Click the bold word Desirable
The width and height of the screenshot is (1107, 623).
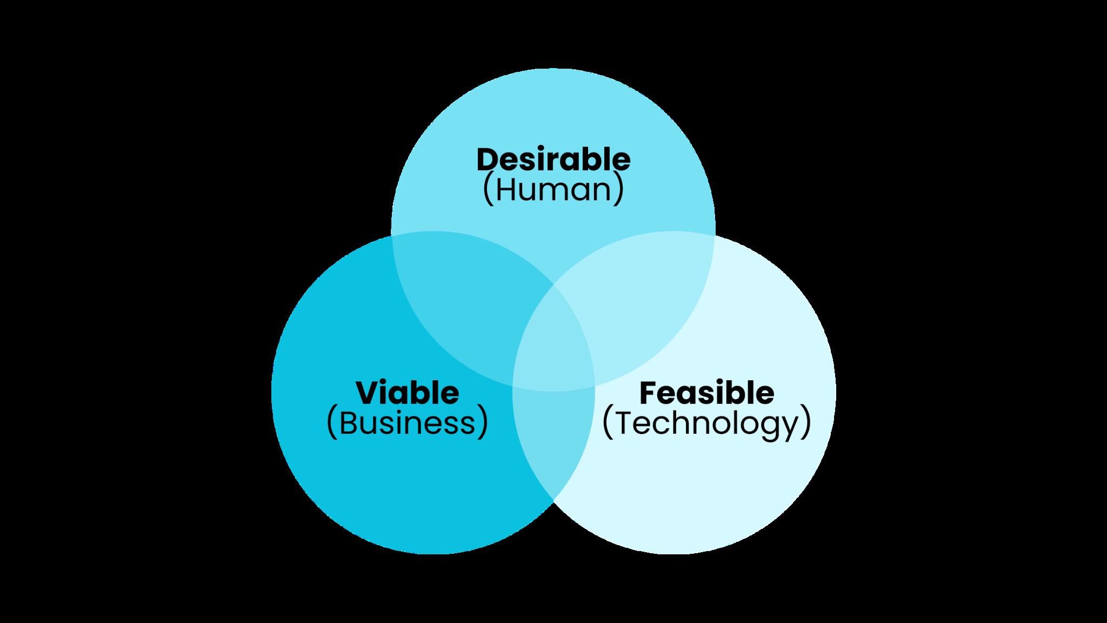tap(553, 160)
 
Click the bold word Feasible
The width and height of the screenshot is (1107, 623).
tap(706, 393)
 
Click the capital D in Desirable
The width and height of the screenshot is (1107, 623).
tap(488, 160)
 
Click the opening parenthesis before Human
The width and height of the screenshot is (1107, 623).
tap(487, 191)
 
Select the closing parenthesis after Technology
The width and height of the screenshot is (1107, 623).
tap(805, 424)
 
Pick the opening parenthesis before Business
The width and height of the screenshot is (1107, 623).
tap(332, 424)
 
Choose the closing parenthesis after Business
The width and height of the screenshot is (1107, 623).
tap(482, 424)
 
